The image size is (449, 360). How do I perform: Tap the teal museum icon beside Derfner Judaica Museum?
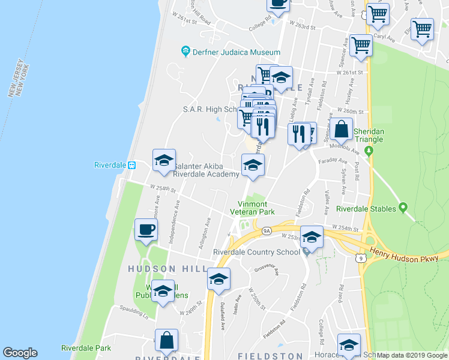coord(185,52)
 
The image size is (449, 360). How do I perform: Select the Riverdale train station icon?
coord(133,166)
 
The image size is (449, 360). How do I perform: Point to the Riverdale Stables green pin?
coord(403,208)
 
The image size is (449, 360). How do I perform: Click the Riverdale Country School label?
coord(256,252)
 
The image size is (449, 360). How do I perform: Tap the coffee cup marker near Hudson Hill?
coord(147,230)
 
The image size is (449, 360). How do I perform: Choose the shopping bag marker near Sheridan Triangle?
coord(341,129)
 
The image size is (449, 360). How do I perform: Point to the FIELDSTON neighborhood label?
coord(270,356)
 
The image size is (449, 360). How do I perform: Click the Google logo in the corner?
coord(20,353)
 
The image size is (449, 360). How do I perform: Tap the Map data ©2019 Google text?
coord(412,355)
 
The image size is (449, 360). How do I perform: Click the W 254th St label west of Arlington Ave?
coord(164,188)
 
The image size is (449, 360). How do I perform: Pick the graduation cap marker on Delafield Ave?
coord(219,280)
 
